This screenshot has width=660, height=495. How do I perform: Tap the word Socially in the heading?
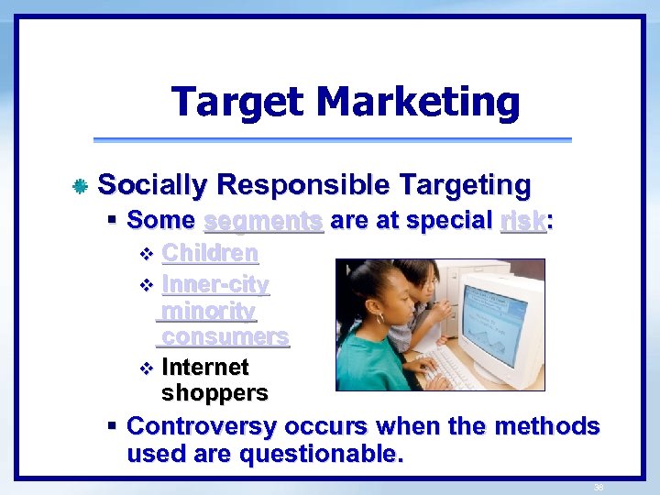(x=152, y=185)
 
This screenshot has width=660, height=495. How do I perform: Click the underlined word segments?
(x=263, y=221)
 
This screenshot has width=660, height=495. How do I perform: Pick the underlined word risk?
(x=522, y=221)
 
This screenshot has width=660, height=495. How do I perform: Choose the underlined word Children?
(x=209, y=253)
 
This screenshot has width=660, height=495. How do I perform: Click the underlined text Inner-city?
(x=214, y=285)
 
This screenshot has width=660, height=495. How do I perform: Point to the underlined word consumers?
(x=225, y=336)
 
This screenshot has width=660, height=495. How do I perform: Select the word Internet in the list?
(x=204, y=368)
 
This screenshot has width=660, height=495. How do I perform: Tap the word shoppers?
(x=214, y=393)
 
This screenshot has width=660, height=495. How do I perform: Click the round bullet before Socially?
(x=80, y=187)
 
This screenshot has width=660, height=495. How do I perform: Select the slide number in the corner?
(x=598, y=487)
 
